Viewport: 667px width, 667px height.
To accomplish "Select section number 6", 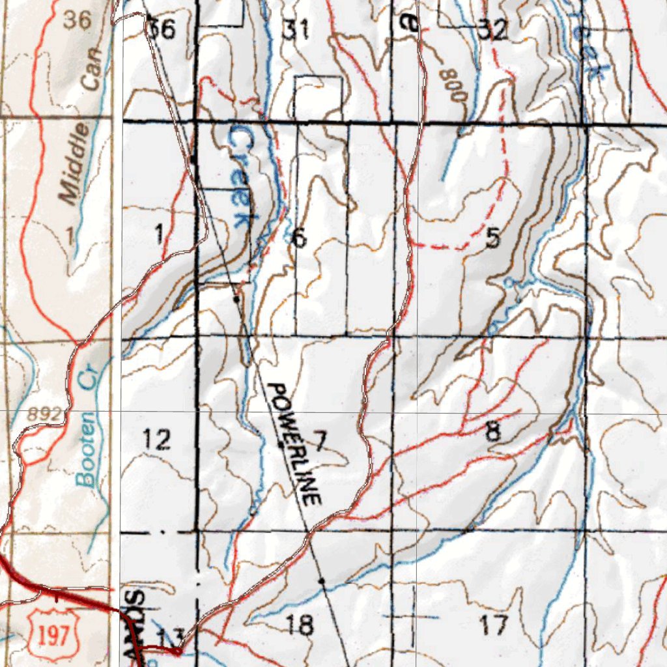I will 299,238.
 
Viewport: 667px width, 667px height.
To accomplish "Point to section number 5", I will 492,239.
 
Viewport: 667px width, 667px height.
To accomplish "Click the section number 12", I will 157,440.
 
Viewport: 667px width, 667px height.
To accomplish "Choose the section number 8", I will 493,431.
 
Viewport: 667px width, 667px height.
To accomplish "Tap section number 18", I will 300,625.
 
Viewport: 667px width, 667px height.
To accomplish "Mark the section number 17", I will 493,626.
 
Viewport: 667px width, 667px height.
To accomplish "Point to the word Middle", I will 76,163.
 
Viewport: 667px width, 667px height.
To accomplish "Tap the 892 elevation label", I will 45,414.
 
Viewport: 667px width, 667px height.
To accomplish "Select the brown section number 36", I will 77,20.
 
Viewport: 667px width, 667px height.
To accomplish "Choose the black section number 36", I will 161,29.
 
